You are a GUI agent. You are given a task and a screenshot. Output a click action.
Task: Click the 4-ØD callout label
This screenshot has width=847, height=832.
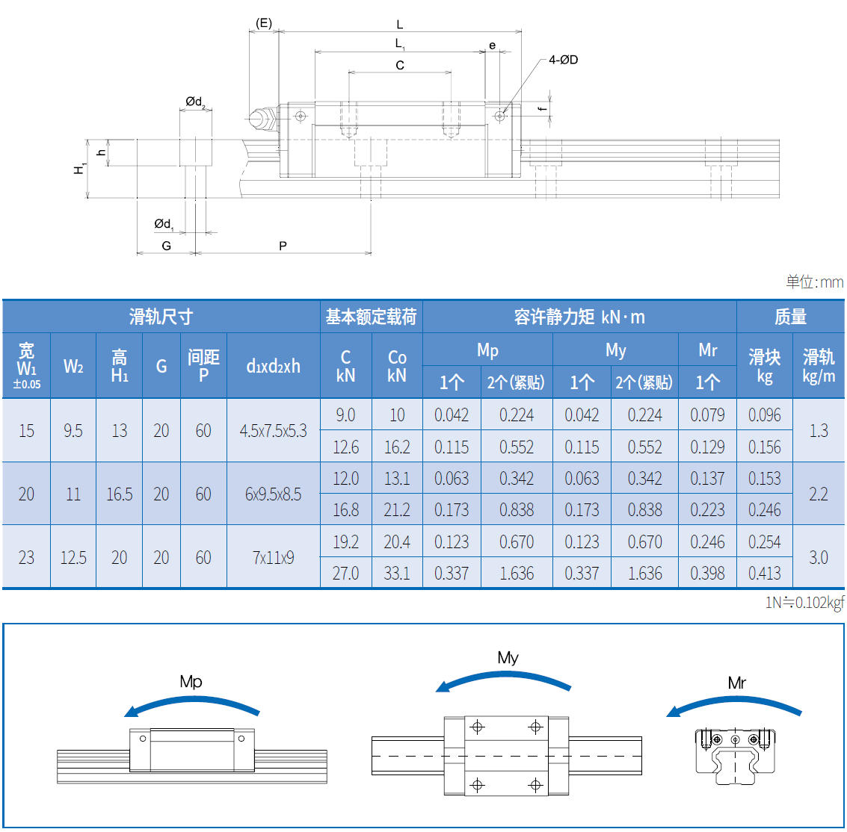click(563, 60)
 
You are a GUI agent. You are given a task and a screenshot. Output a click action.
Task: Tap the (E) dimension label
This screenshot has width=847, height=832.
click(263, 23)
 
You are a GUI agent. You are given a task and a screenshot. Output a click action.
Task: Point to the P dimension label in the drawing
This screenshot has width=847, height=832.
click(283, 246)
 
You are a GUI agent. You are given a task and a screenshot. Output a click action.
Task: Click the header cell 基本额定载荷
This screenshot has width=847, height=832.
click(371, 317)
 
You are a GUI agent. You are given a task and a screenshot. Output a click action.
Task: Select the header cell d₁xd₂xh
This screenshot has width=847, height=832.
click(273, 366)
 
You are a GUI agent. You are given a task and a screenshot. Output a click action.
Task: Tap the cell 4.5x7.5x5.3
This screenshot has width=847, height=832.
click(273, 431)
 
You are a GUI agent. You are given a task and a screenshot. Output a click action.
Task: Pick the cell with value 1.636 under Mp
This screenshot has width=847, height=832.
click(517, 574)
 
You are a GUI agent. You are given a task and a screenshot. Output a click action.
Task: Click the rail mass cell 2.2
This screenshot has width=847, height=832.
click(819, 494)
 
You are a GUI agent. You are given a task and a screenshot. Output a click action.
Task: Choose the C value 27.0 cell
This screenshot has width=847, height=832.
click(345, 574)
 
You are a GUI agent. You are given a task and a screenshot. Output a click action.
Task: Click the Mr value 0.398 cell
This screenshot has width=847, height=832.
click(707, 574)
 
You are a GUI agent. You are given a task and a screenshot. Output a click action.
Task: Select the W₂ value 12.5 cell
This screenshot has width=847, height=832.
click(73, 557)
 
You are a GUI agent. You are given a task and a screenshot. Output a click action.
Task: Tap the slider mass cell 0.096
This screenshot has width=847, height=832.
click(764, 415)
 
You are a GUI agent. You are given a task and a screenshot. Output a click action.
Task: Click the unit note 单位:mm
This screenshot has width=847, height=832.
click(814, 282)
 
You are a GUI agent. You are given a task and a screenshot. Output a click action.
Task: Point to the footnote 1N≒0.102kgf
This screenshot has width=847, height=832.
click(804, 603)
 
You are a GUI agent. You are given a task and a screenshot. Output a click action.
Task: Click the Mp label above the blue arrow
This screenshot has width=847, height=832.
click(191, 681)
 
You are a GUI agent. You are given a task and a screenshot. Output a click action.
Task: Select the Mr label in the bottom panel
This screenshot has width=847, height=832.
click(736, 683)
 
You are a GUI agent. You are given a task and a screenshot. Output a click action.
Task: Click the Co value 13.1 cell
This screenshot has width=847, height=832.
click(397, 479)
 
